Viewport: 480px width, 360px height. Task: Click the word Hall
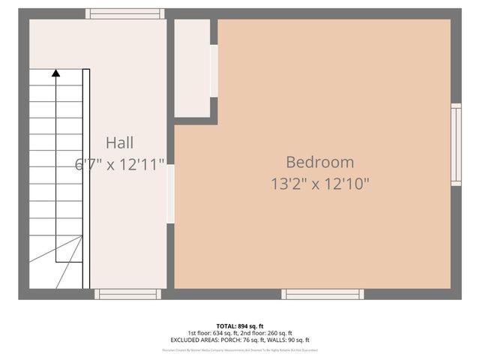(x=120, y=142)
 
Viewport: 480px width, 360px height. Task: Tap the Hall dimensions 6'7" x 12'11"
(x=120, y=164)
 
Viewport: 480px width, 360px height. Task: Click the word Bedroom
(x=319, y=161)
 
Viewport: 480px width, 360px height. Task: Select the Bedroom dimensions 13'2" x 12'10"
(x=319, y=182)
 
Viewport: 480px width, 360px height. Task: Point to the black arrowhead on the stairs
(x=55, y=73)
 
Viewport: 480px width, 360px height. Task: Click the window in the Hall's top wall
(x=124, y=13)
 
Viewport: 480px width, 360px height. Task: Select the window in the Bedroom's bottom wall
(x=322, y=294)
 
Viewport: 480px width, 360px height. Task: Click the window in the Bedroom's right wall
(x=455, y=144)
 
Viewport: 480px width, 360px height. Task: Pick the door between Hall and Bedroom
(x=170, y=193)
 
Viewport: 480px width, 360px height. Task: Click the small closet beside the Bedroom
(x=192, y=67)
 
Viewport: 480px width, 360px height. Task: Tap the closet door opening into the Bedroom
(x=214, y=70)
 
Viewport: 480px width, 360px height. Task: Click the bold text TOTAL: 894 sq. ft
(x=240, y=326)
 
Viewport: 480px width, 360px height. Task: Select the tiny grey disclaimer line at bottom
(x=240, y=349)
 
